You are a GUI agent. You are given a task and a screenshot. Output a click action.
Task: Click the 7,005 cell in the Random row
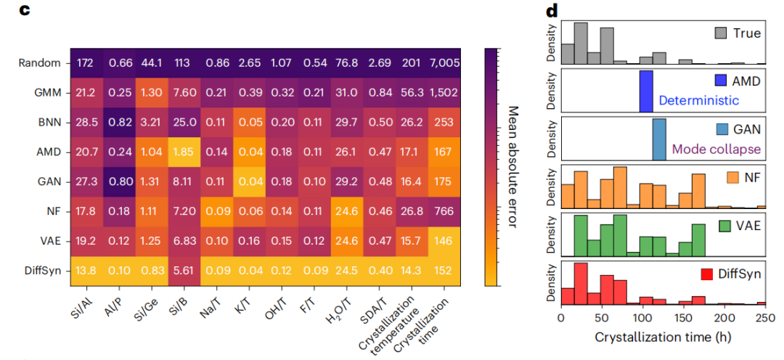tap(444, 63)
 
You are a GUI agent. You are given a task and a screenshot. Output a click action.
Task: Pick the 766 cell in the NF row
tap(444, 211)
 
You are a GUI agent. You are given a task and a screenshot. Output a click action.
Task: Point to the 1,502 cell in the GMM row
tap(444, 92)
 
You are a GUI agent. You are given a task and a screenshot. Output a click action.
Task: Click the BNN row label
tap(46, 123)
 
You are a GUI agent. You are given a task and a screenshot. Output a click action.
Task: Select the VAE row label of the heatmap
tap(48, 241)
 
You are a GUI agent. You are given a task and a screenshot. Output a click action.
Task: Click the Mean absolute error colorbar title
tap(513, 166)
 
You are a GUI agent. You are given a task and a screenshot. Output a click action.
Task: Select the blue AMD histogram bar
tap(645, 91)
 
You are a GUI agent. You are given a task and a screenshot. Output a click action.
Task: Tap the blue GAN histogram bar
tap(658, 139)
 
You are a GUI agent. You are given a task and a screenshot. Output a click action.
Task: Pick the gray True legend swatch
tap(722, 33)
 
